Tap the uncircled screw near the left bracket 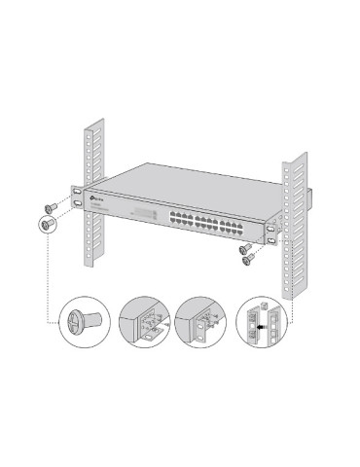[x=48, y=207]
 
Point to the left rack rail [x=95, y=195]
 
